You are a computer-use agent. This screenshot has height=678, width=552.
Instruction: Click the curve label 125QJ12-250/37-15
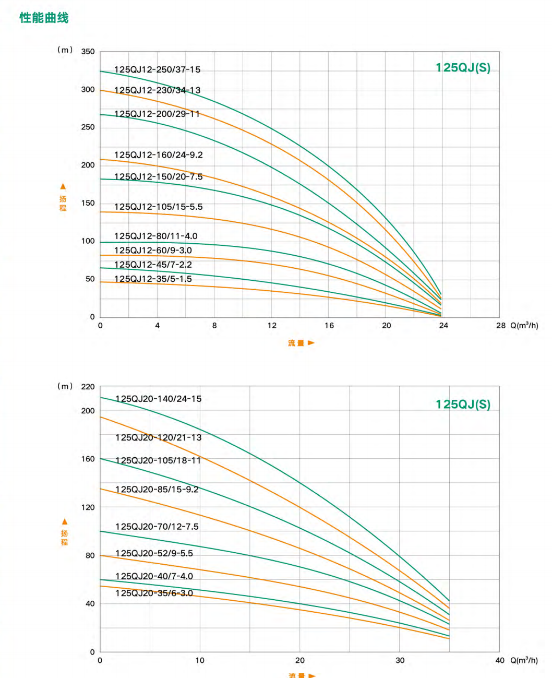coord(157,69)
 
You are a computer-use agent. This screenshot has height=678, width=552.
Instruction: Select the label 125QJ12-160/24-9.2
coord(158,155)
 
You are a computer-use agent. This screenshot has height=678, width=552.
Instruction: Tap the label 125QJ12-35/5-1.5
coord(153,279)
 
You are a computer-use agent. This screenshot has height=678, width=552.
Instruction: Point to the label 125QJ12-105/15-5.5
coord(158,207)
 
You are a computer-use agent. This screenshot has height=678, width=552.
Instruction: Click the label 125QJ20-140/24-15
coord(158,399)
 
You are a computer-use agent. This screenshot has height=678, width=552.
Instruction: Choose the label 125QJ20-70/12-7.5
coord(157,527)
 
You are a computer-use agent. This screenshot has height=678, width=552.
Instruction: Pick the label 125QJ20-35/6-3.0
coord(154,593)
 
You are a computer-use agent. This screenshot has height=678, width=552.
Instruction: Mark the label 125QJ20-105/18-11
coord(158,460)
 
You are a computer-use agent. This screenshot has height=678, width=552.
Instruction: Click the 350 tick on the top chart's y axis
coord(88,52)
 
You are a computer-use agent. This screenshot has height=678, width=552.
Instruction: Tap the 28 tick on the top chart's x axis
coord(500,326)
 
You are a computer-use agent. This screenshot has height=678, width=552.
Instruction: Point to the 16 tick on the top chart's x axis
coord(329,326)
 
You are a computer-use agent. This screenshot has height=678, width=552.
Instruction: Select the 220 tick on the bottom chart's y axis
coord(88,387)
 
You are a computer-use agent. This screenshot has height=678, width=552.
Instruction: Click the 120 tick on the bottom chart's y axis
coord(88,507)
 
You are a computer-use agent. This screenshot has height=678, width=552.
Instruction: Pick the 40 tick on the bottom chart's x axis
coord(500,661)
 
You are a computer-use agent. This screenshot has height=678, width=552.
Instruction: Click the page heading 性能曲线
coord(44,18)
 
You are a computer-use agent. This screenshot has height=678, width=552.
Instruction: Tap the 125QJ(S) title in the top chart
coord(463,68)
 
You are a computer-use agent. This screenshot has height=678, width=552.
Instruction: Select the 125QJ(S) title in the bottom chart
coord(463,405)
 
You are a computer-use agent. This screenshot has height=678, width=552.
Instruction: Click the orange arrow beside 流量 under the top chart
coord(311,343)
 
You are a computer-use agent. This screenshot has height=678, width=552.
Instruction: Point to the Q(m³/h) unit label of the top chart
coord(524,326)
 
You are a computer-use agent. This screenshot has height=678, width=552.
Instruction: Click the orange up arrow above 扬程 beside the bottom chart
coord(65,521)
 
